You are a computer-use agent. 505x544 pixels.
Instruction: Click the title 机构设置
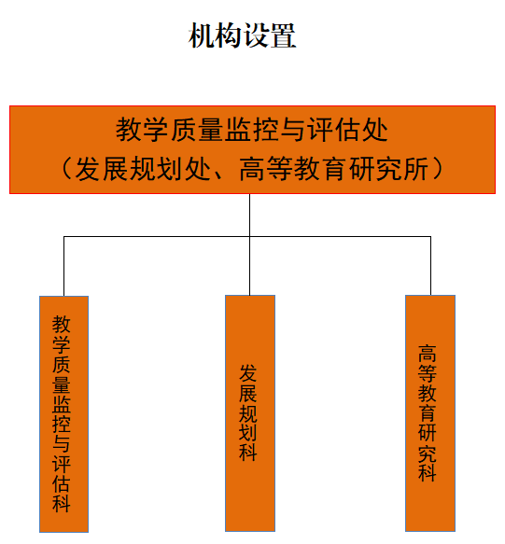tap(242, 35)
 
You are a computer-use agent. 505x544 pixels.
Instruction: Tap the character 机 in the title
tap(202, 35)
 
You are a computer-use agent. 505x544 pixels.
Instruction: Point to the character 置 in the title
tap(283, 35)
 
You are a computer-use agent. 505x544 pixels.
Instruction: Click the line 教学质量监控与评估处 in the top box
tap(252, 130)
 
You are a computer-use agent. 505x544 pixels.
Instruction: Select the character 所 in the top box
tap(414, 169)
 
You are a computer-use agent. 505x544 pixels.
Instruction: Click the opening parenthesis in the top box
tap(66, 169)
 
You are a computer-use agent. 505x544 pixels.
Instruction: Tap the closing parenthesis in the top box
tap(438, 169)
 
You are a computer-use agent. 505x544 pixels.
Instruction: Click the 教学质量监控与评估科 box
tap(63, 414)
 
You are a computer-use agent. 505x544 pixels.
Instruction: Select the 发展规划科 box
tap(250, 413)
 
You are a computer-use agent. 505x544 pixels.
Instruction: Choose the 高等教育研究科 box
tap(430, 413)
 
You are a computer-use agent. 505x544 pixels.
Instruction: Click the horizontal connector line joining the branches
tap(247, 237)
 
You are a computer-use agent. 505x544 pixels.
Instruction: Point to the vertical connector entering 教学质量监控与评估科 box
tap(63, 266)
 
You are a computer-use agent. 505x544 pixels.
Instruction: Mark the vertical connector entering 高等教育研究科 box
tap(430, 266)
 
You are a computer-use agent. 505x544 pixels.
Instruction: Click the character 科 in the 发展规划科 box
tap(247, 453)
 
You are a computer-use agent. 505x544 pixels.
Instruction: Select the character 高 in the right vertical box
tap(428, 354)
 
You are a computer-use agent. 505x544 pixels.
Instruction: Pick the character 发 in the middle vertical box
tap(247, 373)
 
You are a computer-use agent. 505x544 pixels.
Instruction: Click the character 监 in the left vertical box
tap(62, 404)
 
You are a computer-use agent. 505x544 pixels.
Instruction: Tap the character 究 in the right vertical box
tap(428, 453)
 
